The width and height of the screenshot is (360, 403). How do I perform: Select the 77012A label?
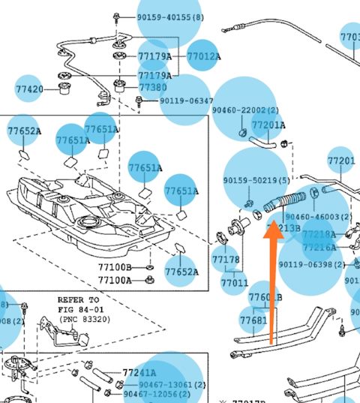click(203, 56)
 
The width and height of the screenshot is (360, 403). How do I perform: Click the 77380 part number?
click(153, 87)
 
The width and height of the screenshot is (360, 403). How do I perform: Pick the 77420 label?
click(29, 89)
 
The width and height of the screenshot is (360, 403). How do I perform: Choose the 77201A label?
click(268, 125)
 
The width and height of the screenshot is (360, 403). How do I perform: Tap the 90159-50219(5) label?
click(256, 181)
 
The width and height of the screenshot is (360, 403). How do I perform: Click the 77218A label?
click(319, 235)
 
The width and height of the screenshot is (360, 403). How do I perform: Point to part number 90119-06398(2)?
click(312, 264)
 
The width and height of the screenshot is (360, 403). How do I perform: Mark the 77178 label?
click(226, 260)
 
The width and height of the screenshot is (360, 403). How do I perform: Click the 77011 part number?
click(234, 283)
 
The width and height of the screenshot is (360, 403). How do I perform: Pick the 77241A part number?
click(139, 372)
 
